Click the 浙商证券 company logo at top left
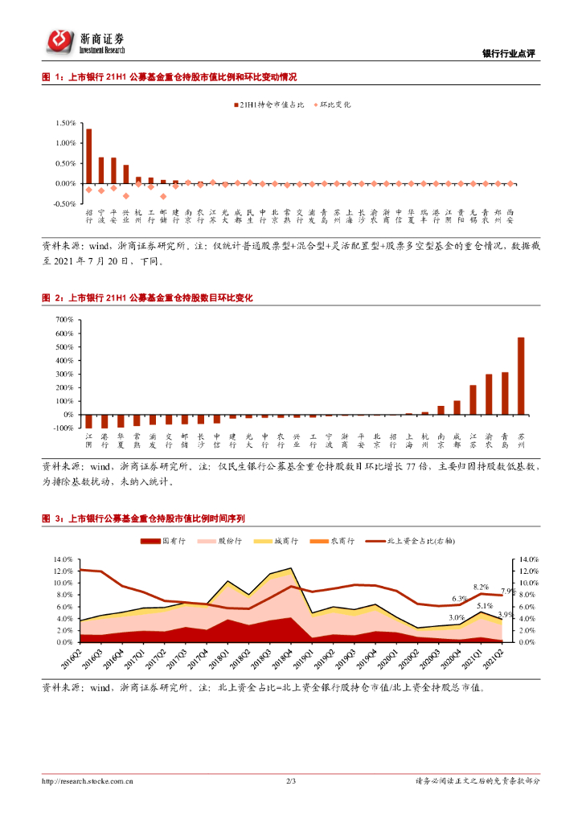click(x=84, y=41)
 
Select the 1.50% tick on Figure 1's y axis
click(x=65, y=123)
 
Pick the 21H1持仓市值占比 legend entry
click(x=260, y=104)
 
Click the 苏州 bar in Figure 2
click(x=521, y=376)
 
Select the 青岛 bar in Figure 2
click(x=505, y=394)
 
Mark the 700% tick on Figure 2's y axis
click(x=64, y=319)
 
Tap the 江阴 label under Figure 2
click(x=89, y=440)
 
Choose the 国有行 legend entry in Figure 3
click(x=165, y=542)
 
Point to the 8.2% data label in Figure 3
click(x=482, y=588)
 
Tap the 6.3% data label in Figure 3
click(x=459, y=599)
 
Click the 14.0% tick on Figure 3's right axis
click(x=523, y=559)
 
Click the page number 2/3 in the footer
click(x=291, y=780)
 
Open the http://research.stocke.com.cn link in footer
click(x=88, y=780)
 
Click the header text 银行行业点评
click(x=508, y=54)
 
